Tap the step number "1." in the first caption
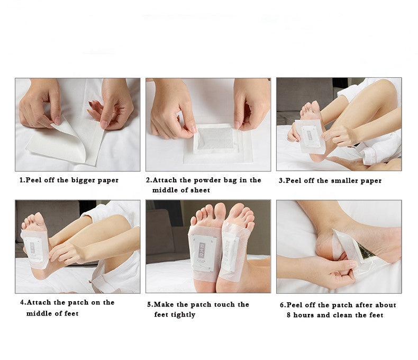point(22,180)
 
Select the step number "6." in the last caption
point(283,305)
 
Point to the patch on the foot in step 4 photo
point(34,247)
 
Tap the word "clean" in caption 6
point(351,315)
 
